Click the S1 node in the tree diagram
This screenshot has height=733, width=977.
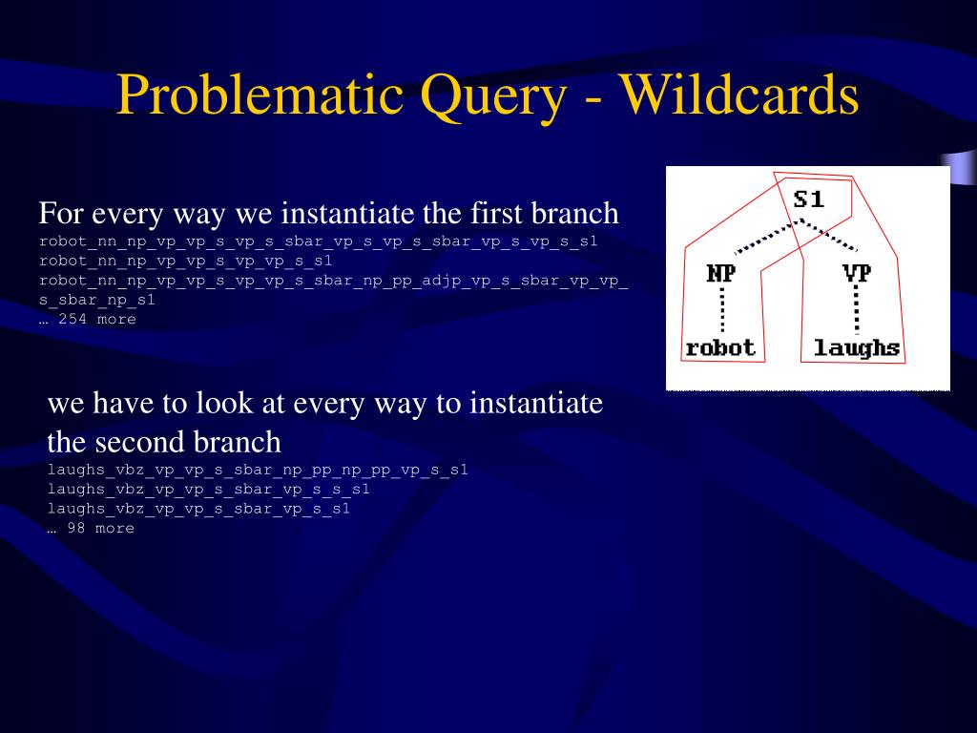(808, 200)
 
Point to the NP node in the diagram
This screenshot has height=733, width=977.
(721, 274)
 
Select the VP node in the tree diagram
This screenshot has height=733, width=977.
(856, 274)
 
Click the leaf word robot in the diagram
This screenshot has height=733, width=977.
(720, 347)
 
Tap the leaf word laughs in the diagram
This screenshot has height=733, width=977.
(856, 347)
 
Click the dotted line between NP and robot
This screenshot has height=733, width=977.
(721, 311)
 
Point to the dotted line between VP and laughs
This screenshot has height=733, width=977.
(856, 311)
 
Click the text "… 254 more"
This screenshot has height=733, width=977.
(88, 320)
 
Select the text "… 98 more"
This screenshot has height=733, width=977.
(92, 529)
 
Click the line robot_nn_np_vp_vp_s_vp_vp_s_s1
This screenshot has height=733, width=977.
(186, 261)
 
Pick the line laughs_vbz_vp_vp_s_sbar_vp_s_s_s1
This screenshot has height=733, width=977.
(209, 490)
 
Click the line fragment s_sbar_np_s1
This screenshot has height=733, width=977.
(97, 300)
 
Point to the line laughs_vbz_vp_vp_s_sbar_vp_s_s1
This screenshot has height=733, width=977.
(199, 509)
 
